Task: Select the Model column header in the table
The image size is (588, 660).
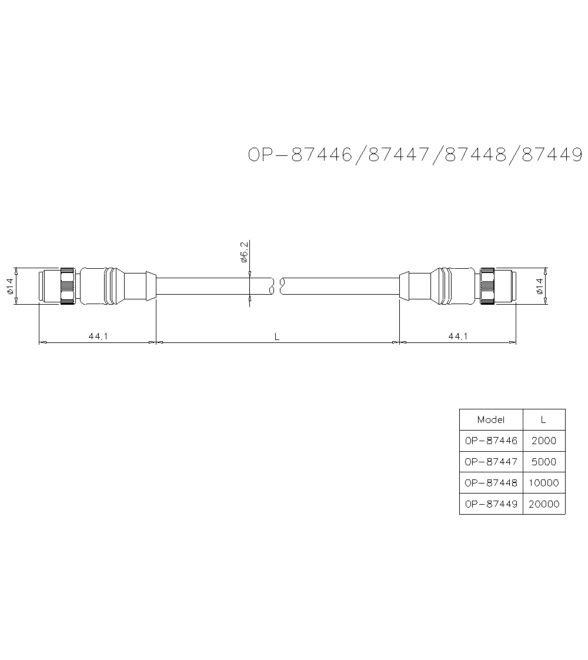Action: point(491,420)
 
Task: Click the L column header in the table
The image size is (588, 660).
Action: point(543,420)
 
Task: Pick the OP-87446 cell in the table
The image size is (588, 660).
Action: point(491,441)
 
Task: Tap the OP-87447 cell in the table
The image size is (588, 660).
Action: point(491,462)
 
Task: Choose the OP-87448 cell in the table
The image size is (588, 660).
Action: point(491,483)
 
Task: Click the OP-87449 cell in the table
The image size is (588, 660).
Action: point(491,504)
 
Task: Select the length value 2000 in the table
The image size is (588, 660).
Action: point(543,441)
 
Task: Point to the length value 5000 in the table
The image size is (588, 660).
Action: point(543,462)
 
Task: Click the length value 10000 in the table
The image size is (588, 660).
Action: point(543,483)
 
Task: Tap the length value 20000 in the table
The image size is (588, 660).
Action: point(543,504)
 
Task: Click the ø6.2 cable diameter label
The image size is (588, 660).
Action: point(244,251)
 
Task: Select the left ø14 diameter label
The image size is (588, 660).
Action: point(10,286)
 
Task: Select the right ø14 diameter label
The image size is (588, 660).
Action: point(539,286)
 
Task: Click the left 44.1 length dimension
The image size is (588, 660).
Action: point(97,336)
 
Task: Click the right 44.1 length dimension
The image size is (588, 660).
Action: point(457,336)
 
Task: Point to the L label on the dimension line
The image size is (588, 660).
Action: point(277,336)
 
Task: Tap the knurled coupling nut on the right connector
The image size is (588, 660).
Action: point(487,286)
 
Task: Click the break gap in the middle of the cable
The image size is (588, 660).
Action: point(278,286)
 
